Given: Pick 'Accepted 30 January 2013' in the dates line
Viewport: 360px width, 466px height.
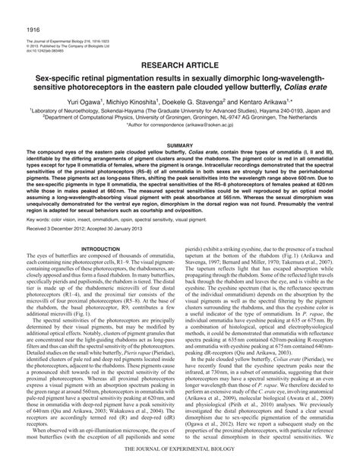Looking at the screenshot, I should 125,208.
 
